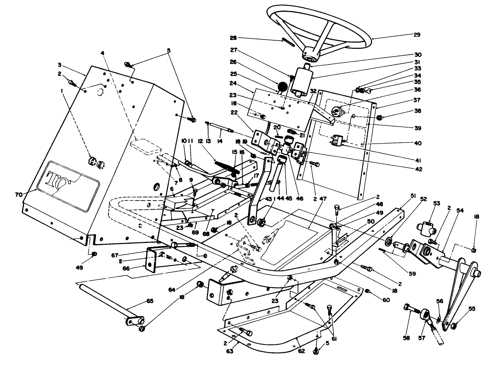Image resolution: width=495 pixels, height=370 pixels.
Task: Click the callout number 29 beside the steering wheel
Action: [x=417, y=35]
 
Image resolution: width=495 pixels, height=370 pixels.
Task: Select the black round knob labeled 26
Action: [x=282, y=86]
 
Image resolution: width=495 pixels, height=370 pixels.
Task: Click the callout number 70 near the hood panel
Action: [x=18, y=194]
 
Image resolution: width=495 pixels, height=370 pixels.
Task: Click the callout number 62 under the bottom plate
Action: [x=302, y=351]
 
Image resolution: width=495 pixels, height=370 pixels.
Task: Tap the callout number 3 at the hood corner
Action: [x=60, y=65]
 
